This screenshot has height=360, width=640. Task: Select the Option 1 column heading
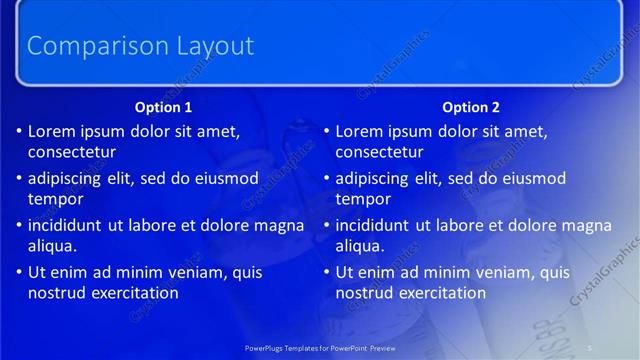pos(164,107)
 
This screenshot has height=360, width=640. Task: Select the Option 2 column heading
pos(471,107)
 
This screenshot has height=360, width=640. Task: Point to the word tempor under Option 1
pos(55,200)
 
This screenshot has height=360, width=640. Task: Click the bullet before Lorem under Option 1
pos(19,132)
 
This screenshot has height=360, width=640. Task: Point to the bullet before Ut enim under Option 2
pos(326,273)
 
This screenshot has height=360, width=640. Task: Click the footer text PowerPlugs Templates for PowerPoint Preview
pos(320,348)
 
